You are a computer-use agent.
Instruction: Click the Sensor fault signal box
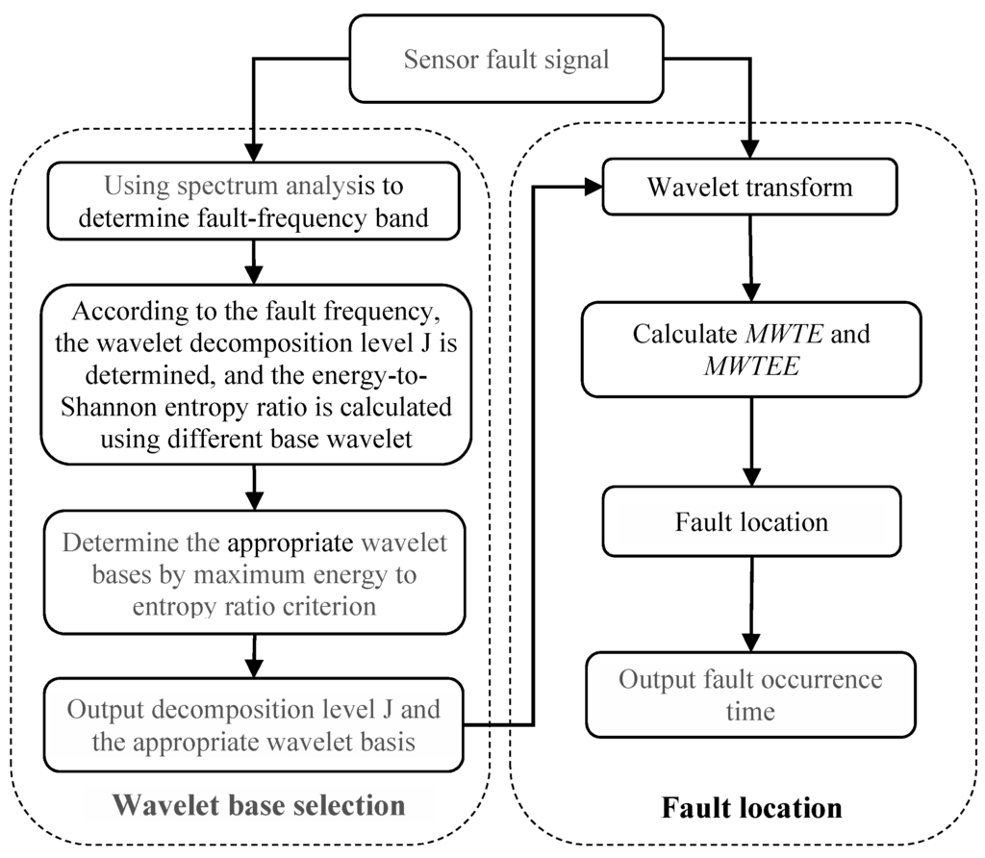pyautogui.click(x=507, y=60)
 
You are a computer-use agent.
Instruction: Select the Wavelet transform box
pyautogui.click(x=748, y=186)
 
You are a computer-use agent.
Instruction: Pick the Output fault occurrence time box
pyautogui.click(x=749, y=695)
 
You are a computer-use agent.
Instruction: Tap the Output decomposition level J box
pyautogui.click(x=253, y=724)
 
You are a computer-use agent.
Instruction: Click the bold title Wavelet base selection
pyautogui.click(x=259, y=804)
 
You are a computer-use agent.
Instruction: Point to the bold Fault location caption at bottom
pyautogui.click(x=751, y=806)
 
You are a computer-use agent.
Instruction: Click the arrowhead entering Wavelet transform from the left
pyautogui.click(x=589, y=188)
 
